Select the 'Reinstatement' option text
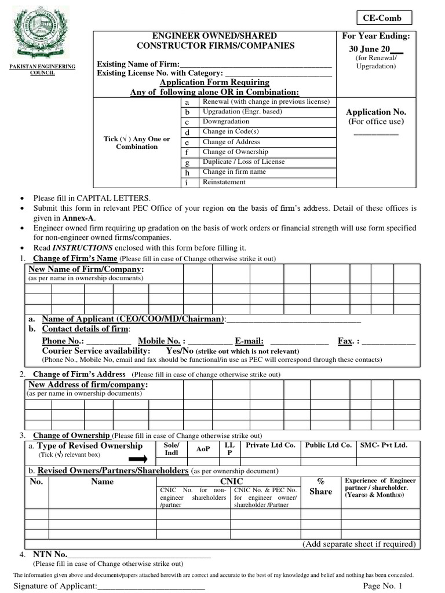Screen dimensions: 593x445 pyautogui.click(x=224, y=182)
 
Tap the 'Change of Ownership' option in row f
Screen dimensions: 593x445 pyautogui.click(x=231, y=152)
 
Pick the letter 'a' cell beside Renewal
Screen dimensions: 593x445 pyautogui.click(x=187, y=102)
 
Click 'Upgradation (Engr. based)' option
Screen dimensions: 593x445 pyautogui.click(x=242, y=112)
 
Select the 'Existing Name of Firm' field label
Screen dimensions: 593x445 pyautogui.click(x=138, y=64)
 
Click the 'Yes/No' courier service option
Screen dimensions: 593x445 pyautogui.click(x=180, y=351)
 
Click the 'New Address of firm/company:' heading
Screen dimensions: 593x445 pyautogui.click(x=88, y=385)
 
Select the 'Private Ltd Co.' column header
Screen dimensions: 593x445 pyautogui.click(x=271, y=445)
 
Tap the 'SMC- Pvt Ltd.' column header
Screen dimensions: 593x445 pyautogui.click(x=384, y=445)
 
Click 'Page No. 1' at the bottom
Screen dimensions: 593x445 pyautogui.click(x=382, y=586)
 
